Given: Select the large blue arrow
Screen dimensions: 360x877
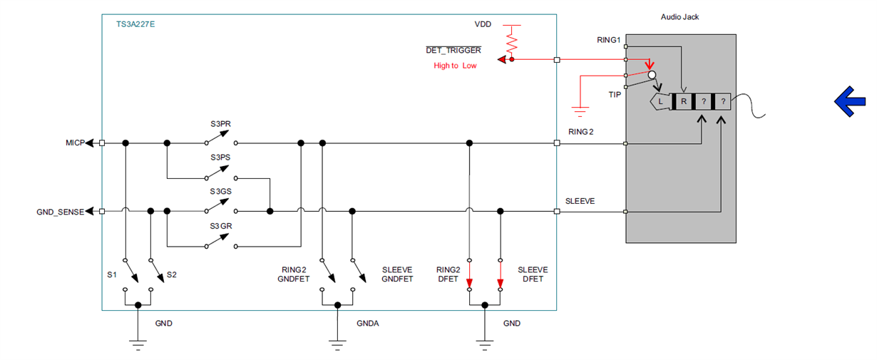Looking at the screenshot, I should coord(850,102).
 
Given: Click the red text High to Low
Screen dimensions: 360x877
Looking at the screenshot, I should coord(455,66).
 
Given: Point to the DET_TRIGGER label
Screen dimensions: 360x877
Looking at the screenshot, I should coord(453,51).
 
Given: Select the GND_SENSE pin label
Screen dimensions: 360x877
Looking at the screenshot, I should coord(60,212).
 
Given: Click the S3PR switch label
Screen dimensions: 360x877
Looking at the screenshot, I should coord(220,124).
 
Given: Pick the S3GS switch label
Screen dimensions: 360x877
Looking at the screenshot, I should coord(220,192).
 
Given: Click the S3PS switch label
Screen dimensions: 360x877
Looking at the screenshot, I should coord(220,157).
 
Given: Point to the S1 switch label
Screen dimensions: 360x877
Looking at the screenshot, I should coord(112,274).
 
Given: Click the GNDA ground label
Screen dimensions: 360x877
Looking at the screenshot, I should coord(368,323).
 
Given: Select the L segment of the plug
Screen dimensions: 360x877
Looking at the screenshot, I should coord(661,101).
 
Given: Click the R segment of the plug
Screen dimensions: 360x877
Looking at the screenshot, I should coord(683,101).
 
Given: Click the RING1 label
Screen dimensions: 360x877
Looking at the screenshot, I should coord(610,40).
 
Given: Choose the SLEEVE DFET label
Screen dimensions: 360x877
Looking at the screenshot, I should coord(533,274).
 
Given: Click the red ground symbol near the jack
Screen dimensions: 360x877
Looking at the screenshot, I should coord(580,110).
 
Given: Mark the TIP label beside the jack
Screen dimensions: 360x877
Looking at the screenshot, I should coord(615,94).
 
